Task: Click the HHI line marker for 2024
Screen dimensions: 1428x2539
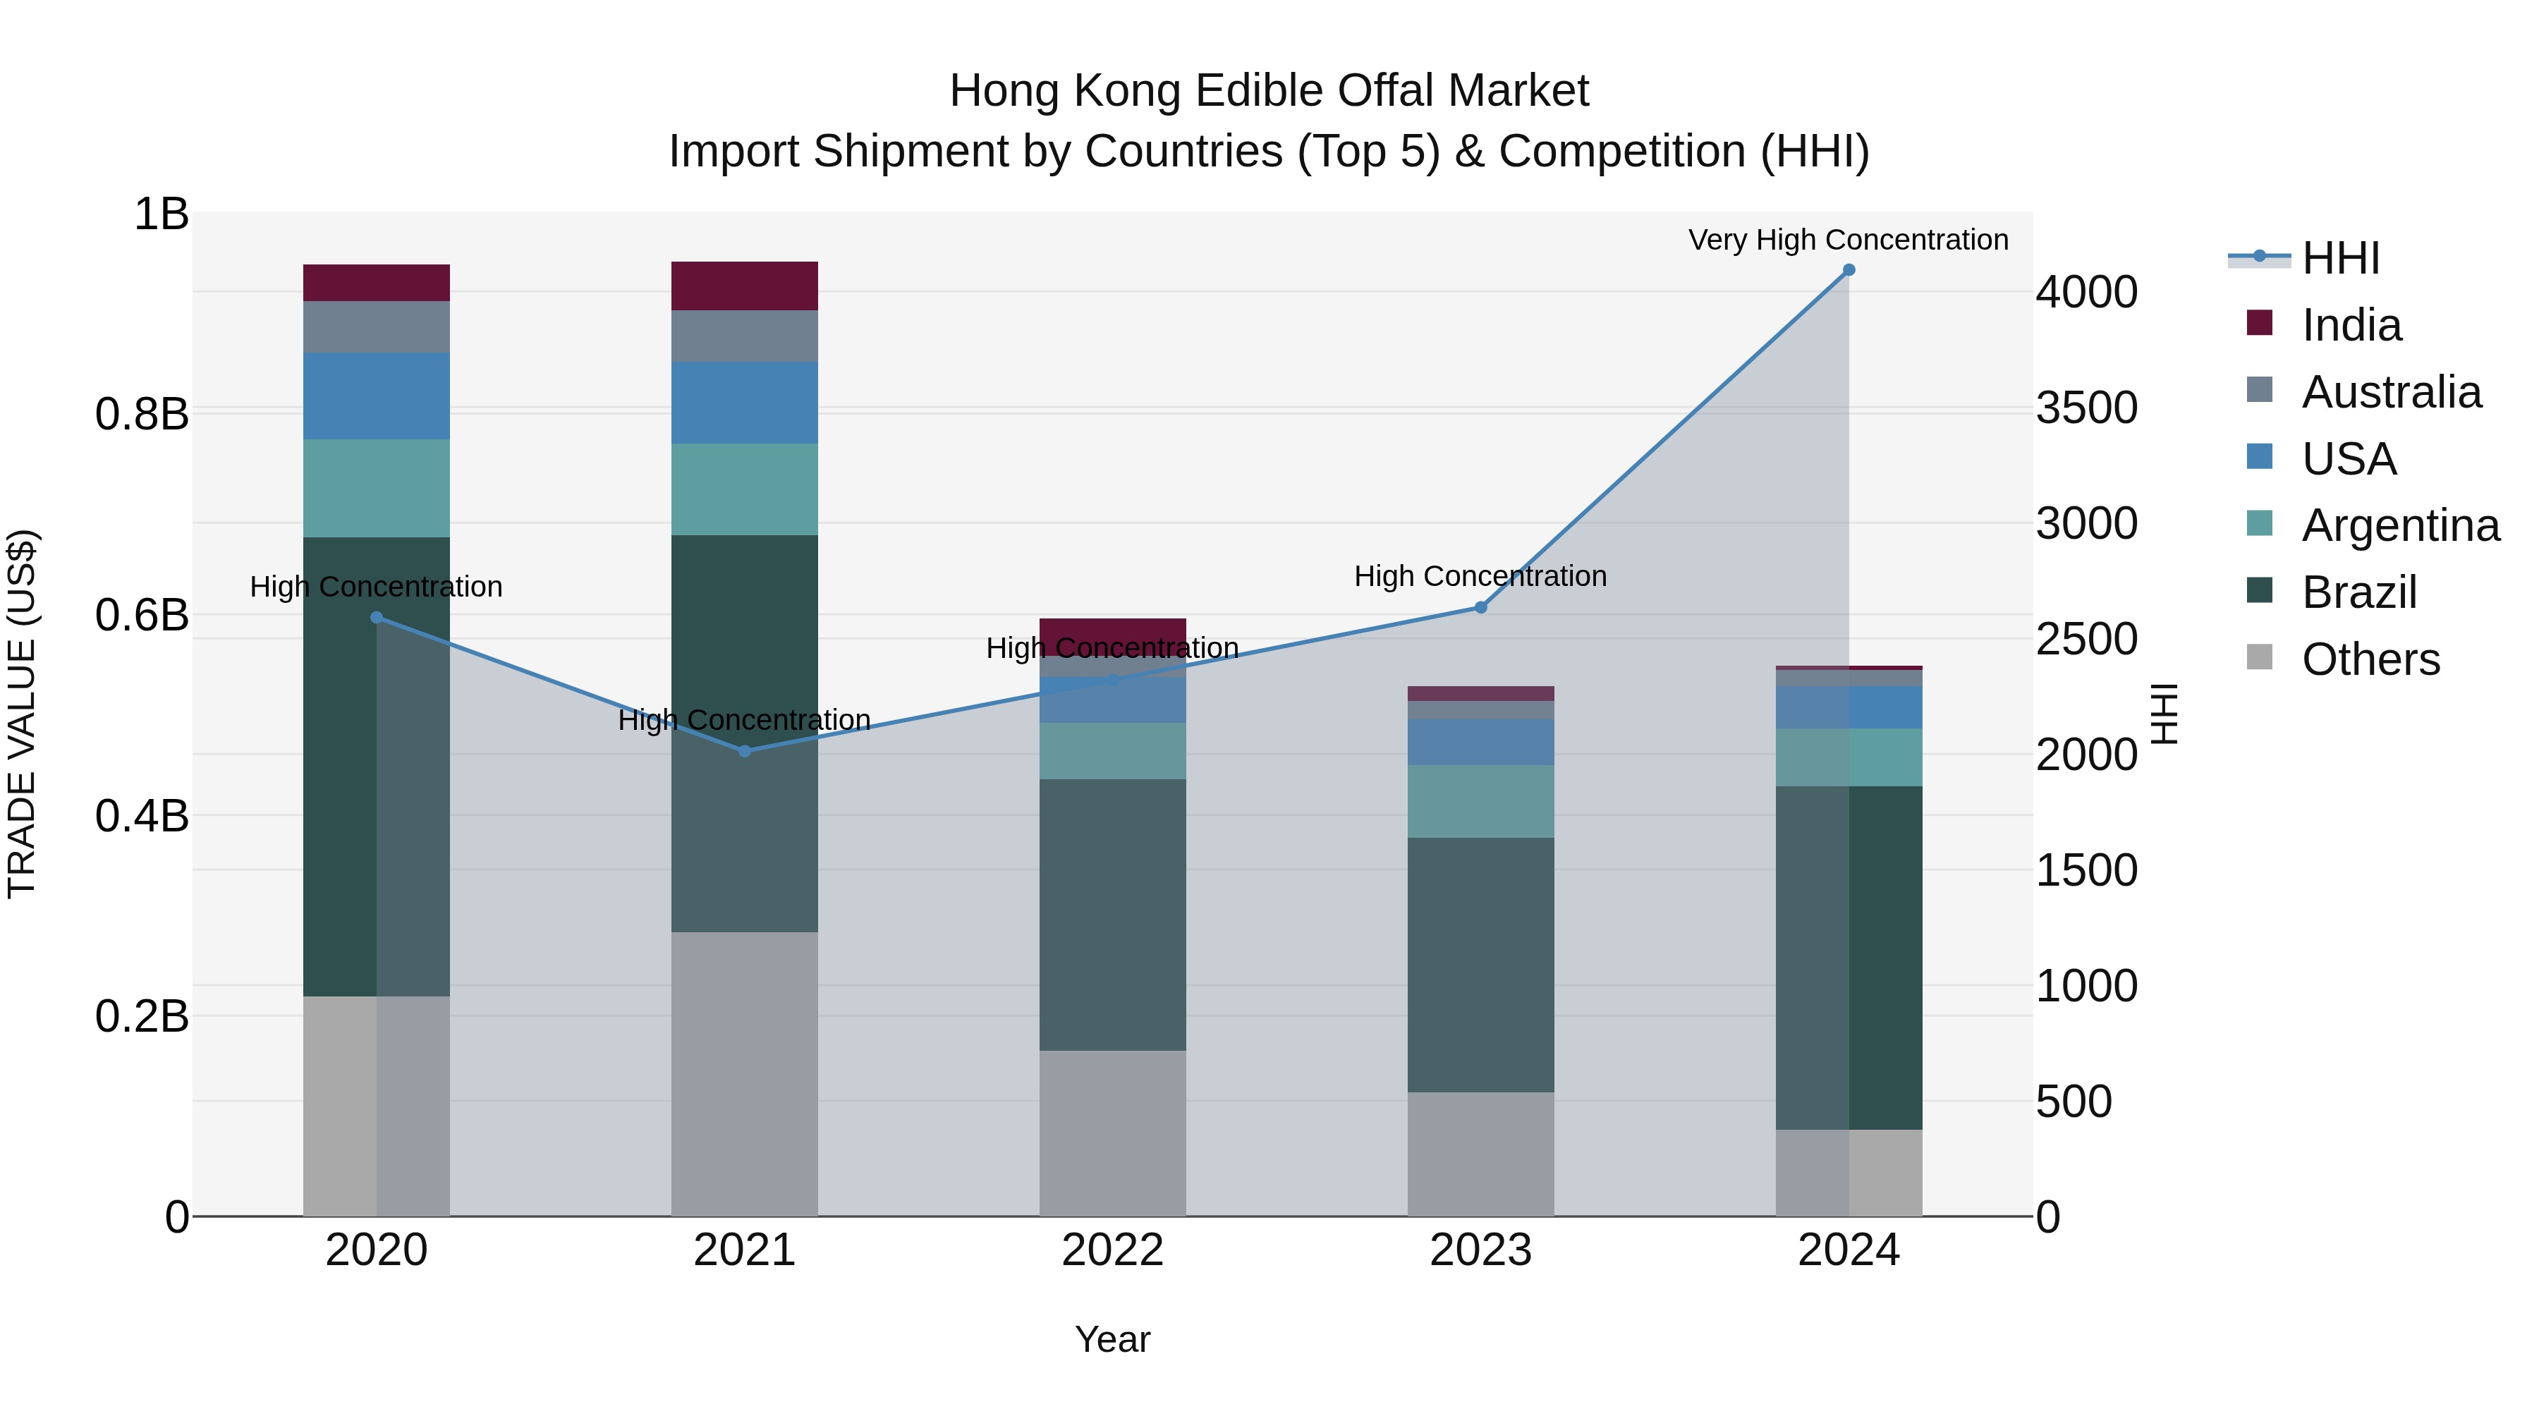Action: point(1848,270)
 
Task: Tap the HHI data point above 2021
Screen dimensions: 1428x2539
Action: point(744,751)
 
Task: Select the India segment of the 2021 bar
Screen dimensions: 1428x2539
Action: point(744,286)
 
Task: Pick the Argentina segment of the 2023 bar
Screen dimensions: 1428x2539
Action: point(1480,801)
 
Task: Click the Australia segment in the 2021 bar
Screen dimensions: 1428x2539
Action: point(744,336)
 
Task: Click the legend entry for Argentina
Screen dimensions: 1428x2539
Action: point(2399,525)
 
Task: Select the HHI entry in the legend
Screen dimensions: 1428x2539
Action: point(2340,258)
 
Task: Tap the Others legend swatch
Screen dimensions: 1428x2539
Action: point(2259,657)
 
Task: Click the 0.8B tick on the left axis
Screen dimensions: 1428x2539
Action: point(142,414)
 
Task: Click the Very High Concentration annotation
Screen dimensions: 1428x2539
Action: point(1848,240)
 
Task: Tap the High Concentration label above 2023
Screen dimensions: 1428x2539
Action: point(1480,577)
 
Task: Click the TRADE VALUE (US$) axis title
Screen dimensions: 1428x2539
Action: point(22,714)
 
